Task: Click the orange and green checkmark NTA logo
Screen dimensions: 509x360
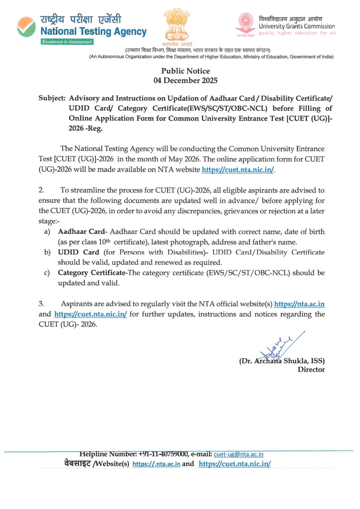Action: (27, 27)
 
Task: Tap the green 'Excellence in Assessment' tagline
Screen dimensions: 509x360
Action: (67, 42)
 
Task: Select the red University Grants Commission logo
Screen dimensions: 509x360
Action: (245, 23)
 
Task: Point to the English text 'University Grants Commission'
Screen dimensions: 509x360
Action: (297, 26)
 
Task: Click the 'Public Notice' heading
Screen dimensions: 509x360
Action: (185, 71)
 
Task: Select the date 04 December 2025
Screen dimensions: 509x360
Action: (185, 81)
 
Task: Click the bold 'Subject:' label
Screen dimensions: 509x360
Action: (52, 98)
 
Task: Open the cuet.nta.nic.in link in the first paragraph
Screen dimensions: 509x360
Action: (238, 170)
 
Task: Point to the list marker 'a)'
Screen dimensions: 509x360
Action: (47, 232)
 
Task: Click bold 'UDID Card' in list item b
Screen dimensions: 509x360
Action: (78, 252)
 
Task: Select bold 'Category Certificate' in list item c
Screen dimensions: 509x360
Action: (91, 273)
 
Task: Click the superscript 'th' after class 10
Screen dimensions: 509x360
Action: (108, 241)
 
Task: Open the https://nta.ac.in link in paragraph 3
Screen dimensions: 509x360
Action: (299, 304)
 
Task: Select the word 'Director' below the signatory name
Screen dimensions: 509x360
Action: (311, 369)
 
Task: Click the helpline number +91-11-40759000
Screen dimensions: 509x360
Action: (163, 454)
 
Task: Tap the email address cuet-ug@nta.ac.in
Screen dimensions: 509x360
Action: (238, 454)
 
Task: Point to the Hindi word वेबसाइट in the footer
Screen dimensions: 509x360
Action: (77, 464)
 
